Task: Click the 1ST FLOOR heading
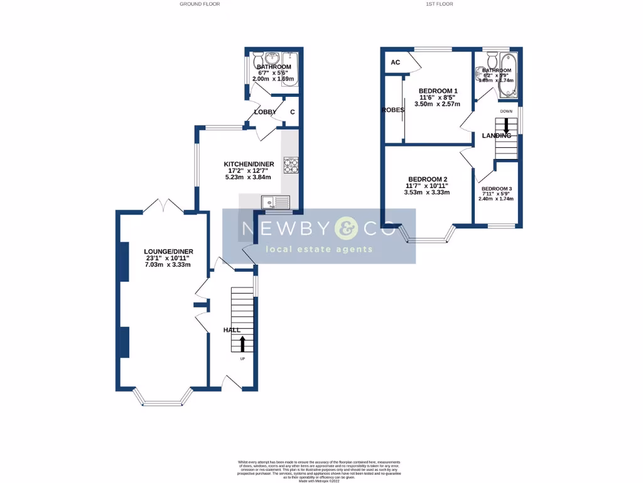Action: pyautogui.click(x=440, y=4)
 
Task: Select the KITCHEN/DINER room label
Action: pyautogui.click(x=249, y=165)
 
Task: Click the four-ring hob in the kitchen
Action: pyautogui.click(x=292, y=165)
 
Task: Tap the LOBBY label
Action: pyautogui.click(x=265, y=112)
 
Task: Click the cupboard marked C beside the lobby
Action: pyautogui.click(x=292, y=112)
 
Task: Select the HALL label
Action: pyautogui.click(x=232, y=330)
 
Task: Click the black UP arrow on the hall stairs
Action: pyautogui.click(x=242, y=343)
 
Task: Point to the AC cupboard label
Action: pyautogui.click(x=396, y=62)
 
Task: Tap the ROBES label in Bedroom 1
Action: pyautogui.click(x=392, y=109)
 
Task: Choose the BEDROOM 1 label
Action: pyautogui.click(x=438, y=91)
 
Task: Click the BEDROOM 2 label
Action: pyautogui.click(x=427, y=179)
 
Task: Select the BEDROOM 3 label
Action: pyautogui.click(x=497, y=189)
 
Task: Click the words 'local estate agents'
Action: pyautogui.click(x=320, y=250)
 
